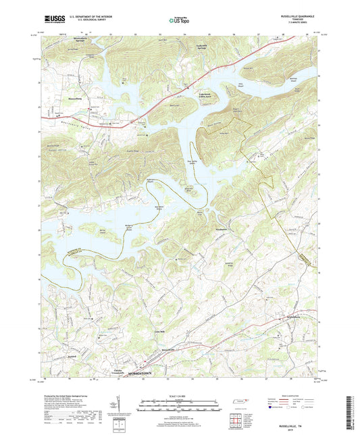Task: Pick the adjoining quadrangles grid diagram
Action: pos(237,421)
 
